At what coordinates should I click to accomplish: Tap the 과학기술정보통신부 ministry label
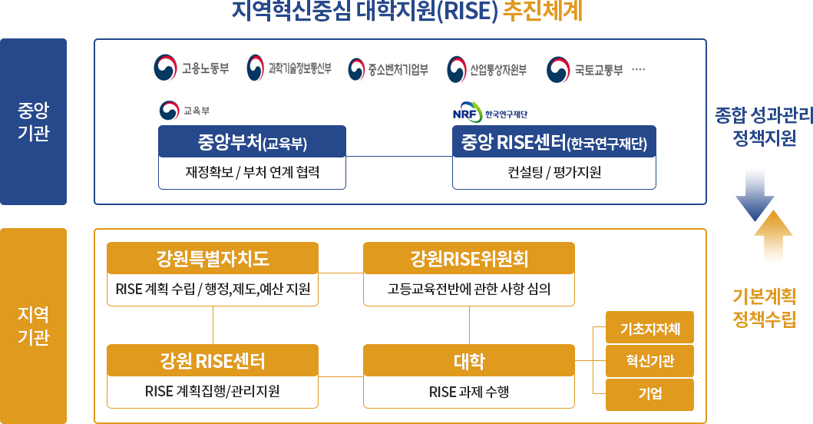299,68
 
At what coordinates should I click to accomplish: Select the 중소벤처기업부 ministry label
398,69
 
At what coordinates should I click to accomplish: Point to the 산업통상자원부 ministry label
498,69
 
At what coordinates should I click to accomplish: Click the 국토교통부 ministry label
599,70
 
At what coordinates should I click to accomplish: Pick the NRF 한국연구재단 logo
490,113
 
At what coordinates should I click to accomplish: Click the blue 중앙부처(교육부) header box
252,141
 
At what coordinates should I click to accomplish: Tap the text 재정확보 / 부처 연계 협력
252,172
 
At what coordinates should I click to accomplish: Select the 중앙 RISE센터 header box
554,141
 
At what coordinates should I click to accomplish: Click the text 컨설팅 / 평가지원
554,172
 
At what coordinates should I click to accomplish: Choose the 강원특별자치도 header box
213,258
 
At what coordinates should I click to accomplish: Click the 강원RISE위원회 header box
469,258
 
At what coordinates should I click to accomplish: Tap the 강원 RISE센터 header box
213,360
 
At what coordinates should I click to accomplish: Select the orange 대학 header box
469,360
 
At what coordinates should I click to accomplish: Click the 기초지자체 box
649,327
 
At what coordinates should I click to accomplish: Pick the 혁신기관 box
649,361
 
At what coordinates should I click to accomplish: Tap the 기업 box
649,394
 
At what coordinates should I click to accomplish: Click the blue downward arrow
755,196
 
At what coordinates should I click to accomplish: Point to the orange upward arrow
773,236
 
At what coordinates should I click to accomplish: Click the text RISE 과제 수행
469,392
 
